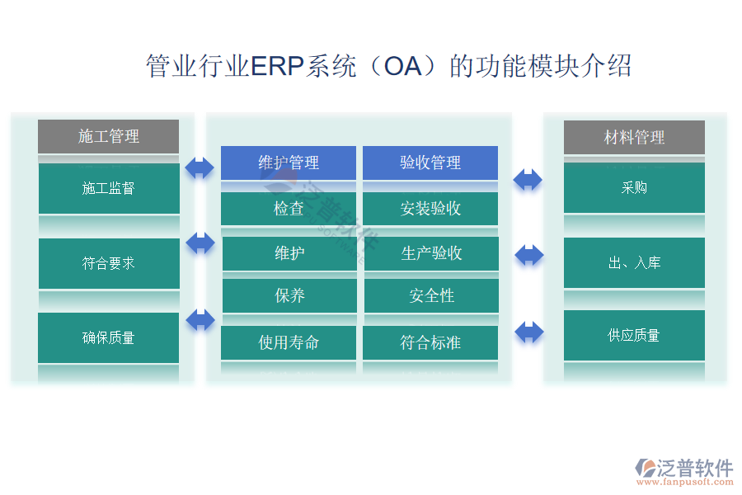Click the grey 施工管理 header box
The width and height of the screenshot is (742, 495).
pos(108,136)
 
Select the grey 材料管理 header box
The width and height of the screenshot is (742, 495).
pos(634,137)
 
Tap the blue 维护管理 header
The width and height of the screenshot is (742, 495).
pos(289,163)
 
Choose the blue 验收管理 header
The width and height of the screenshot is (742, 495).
pos(430,163)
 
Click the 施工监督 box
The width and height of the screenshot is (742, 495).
pos(108,188)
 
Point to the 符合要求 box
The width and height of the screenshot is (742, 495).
pos(108,263)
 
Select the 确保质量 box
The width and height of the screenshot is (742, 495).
pos(108,337)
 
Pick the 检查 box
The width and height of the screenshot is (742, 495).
pos(289,209)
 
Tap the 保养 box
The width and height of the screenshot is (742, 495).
pos(289,295)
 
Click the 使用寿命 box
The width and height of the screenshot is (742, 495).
pos(289,342)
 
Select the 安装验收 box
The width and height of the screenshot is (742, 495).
pos(430,209)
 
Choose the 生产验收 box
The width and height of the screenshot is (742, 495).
pos(431,253)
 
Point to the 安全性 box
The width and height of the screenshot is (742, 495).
pos(431,295)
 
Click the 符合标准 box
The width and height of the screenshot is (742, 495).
pos(430,342)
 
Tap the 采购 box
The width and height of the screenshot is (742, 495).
pos(634,187)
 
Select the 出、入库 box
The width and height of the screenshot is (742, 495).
pos(634,263)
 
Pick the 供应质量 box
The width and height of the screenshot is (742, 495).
pos(634,335)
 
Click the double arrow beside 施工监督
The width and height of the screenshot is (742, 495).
pos(200,167)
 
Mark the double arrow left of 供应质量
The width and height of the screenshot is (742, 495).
pos(528,332)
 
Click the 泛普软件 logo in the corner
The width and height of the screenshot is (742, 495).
pos(683,470)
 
